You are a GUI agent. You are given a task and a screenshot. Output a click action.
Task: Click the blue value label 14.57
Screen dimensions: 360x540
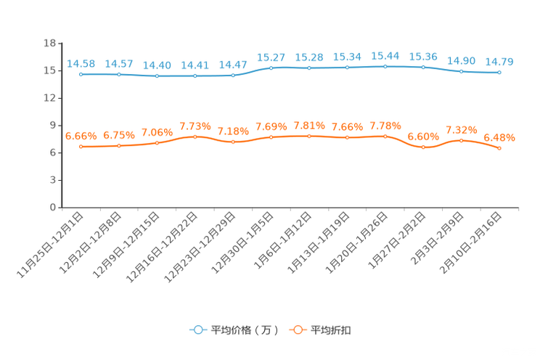pyautogui.click(x=118, y=64)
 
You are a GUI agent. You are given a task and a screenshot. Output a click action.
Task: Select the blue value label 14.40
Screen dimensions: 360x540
pyautogui.click(x=157, y=65)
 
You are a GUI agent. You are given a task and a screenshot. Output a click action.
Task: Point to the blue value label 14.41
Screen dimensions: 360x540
pyautogui.click(x=195, y=65)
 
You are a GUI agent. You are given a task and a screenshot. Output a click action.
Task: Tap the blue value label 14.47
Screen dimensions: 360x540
pyautogui.click(x=233, y=65)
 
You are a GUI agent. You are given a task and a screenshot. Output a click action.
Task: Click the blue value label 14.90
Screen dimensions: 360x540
pyautogui.click(x=462, y=61)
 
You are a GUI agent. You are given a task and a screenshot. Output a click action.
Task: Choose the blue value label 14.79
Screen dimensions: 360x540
pyautogui.click(x=499, y=62)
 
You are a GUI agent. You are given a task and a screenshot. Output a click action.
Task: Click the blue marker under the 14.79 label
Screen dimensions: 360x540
pyautogui.click(x=499, y=73)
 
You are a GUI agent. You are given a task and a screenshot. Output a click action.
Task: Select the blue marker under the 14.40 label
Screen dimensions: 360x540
pyautogui.click(x=157, y=75)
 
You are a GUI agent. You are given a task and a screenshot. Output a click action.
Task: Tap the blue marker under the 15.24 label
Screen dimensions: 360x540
pyautogui.click(x=347, y=67)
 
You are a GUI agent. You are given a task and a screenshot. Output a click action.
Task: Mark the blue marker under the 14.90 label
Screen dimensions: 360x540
pyautogui.click(x=462, y=71)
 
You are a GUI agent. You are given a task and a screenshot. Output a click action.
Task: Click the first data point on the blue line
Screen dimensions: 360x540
pyautogui.click(x=81, y=74)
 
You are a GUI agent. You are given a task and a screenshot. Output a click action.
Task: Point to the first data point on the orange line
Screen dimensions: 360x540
pyautogui.click(x=81, y=147)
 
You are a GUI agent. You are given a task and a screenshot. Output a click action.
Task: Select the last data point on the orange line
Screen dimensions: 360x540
pyautogui.click(x=499, y=149)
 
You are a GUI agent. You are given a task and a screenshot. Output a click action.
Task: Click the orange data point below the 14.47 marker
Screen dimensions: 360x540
pyautogui.click(x=233, y=142)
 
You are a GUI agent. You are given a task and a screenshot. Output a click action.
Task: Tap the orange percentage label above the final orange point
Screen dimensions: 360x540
pyautogui.click(x=499, y=137)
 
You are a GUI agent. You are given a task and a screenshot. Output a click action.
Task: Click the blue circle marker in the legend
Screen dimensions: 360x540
pyautogui.click(x=197, y=330)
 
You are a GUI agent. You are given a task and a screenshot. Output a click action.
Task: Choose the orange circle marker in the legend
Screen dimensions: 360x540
pyautogui.click(x=298, y=330)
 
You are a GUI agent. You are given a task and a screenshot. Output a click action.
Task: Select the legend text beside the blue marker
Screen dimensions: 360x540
pyautogui.click(x=245, y=330)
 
